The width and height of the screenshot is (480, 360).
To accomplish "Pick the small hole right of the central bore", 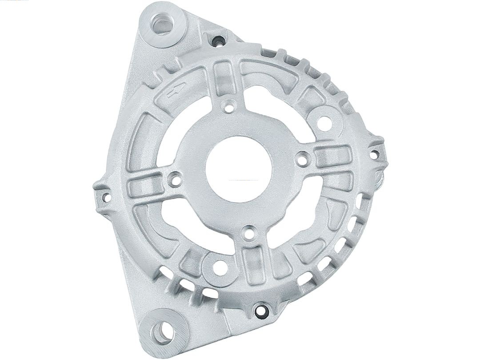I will tap(302, 157).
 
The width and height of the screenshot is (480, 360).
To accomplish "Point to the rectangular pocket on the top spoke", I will tap(225, 78).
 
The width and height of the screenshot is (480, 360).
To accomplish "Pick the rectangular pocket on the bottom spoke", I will tap(253, 262).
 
